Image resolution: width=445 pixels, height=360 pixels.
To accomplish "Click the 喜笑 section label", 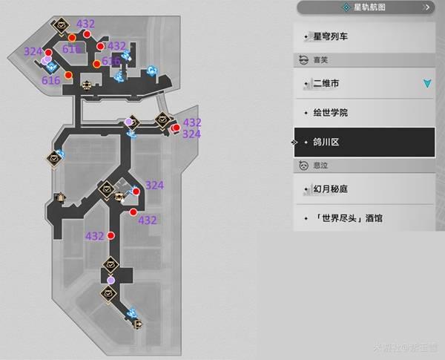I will tap(321, 61).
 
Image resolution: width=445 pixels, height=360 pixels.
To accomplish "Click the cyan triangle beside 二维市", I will tap(426, 84).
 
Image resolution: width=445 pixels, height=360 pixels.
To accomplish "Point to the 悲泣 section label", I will tap(321, 166).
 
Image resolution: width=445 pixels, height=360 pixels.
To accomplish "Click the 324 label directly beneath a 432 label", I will tap(191, 134).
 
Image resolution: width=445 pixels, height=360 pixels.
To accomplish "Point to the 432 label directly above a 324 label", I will tap(192, 122).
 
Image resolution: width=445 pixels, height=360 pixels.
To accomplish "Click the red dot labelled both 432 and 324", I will tap(176, 128).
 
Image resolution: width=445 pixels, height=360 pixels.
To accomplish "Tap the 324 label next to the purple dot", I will tap(33, 51).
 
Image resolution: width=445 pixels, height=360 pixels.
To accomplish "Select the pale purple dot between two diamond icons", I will tap(111, 280).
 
